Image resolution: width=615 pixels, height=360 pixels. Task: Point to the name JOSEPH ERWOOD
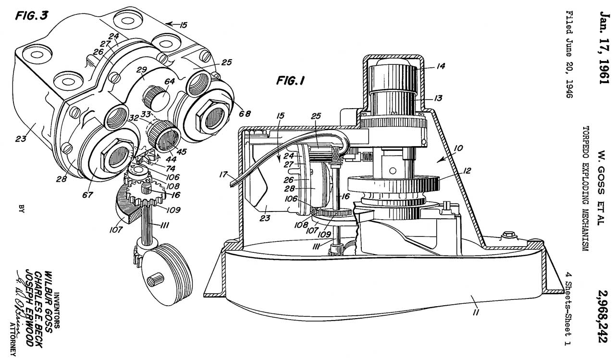(30, 311)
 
